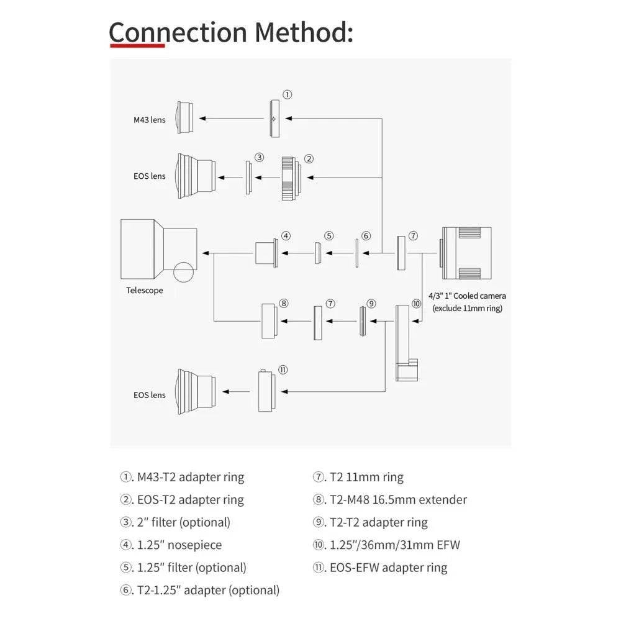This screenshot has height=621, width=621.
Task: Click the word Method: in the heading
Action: [x=304, y=32]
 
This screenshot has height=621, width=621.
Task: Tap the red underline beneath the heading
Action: [x=137, y=45]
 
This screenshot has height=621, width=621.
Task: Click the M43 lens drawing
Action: [x=184, y=117]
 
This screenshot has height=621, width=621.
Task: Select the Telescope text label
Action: [x=145, y=290]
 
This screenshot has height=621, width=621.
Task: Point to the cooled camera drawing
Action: [x=466, y=253]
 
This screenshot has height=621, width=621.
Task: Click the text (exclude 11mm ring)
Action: [x=468, y=308]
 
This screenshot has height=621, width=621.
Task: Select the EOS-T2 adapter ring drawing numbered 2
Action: [x=290, y=178]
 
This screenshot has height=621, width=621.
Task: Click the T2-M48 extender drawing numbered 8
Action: [x=269, y=321]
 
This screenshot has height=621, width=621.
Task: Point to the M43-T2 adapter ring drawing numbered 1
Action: [x=275, y=119]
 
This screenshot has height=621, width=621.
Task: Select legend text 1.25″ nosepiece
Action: [x=179, y=545]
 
